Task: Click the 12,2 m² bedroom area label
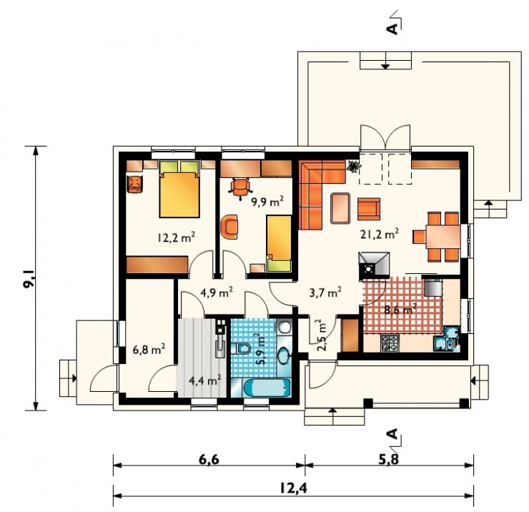click(176, 237)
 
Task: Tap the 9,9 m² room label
click(267, 201)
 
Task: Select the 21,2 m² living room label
click(380, 234)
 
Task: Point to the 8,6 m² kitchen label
click(400, 309)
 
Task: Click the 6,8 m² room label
click(149, 349)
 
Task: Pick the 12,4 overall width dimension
click(294, 488)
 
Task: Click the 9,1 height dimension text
click(30, 278)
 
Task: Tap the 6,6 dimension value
click(209, 460)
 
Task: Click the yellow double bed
click(179, 189)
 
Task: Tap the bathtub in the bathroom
click(266, 388)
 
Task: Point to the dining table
click(443, 237)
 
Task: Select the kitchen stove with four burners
click(390, 343)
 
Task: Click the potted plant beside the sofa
click(354, 166)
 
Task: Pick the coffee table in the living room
click(340, 208)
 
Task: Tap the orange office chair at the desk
click(240, 187)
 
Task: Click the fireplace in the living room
click(374, 266)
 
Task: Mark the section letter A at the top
click(392, 29)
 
